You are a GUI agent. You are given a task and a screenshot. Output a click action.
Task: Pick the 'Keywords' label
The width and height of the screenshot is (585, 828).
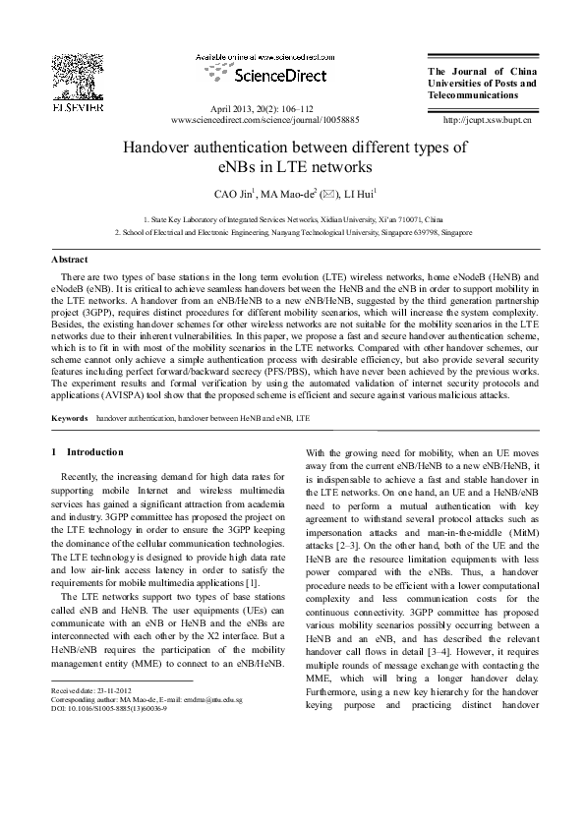[70, 418]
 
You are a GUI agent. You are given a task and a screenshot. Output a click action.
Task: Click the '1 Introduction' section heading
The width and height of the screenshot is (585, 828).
[87, 452]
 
